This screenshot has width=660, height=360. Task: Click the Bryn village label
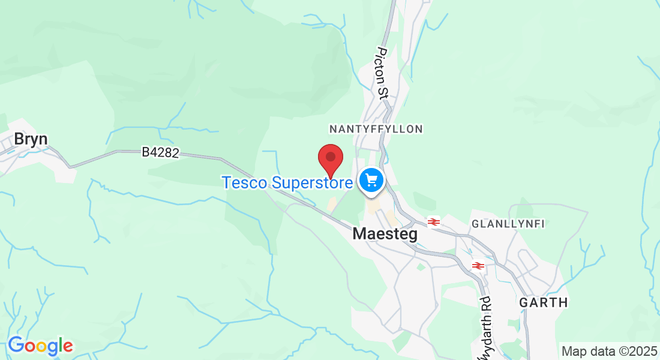(x=31, y=139)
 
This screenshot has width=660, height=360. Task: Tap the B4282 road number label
(x=160, y=153)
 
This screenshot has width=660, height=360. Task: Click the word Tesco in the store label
(x=245, y=182)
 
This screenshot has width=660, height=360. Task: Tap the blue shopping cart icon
(x=371, y=179)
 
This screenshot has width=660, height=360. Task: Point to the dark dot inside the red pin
(x=330, y=156)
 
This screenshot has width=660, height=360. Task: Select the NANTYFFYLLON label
(x=376, y=129)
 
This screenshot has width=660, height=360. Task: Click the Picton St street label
(x=382, y=73)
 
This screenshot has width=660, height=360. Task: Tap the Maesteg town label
(x=385, y=234)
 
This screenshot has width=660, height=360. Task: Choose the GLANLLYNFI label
(x=508, y=224)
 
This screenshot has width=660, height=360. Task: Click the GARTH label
(x=544, y=302)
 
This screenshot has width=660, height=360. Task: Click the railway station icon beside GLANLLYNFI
(x=434, y=222)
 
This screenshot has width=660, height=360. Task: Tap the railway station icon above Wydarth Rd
(x=478, y=265)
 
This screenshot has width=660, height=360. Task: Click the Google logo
(x=40, y=346)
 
